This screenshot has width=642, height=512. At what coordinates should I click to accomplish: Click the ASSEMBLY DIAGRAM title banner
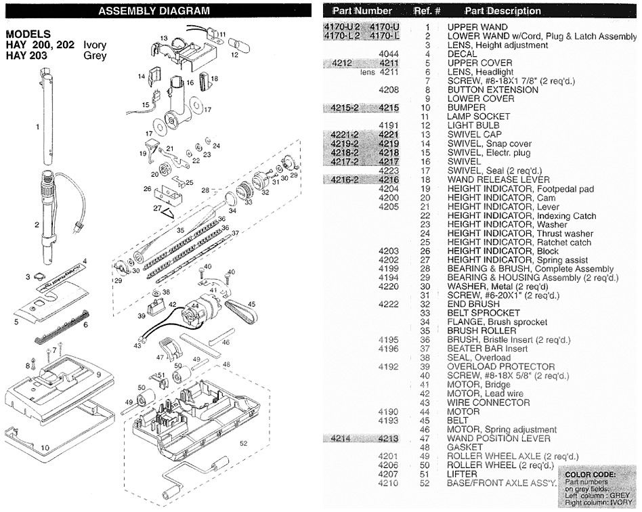click(x=154, y=11)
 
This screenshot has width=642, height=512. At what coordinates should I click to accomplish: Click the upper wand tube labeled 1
click(x=48, y=122)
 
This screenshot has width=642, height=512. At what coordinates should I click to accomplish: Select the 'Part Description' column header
click(x=502, y=11)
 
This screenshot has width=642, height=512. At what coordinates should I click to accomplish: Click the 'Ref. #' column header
click(x=427, y=11)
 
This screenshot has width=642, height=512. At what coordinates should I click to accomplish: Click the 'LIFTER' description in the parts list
click(x=463, y=474)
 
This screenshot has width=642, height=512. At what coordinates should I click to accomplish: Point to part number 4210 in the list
click(x=389, y=483)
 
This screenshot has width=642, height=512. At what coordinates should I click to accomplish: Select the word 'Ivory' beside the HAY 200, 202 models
click(x=95, y=45)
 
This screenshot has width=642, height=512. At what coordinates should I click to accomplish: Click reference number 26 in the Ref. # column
click(x=427, y=251)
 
